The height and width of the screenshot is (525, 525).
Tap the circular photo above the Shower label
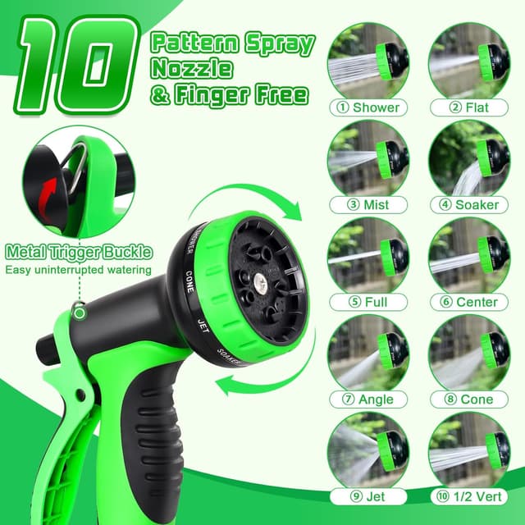369,62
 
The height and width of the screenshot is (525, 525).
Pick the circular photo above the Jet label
369,450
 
